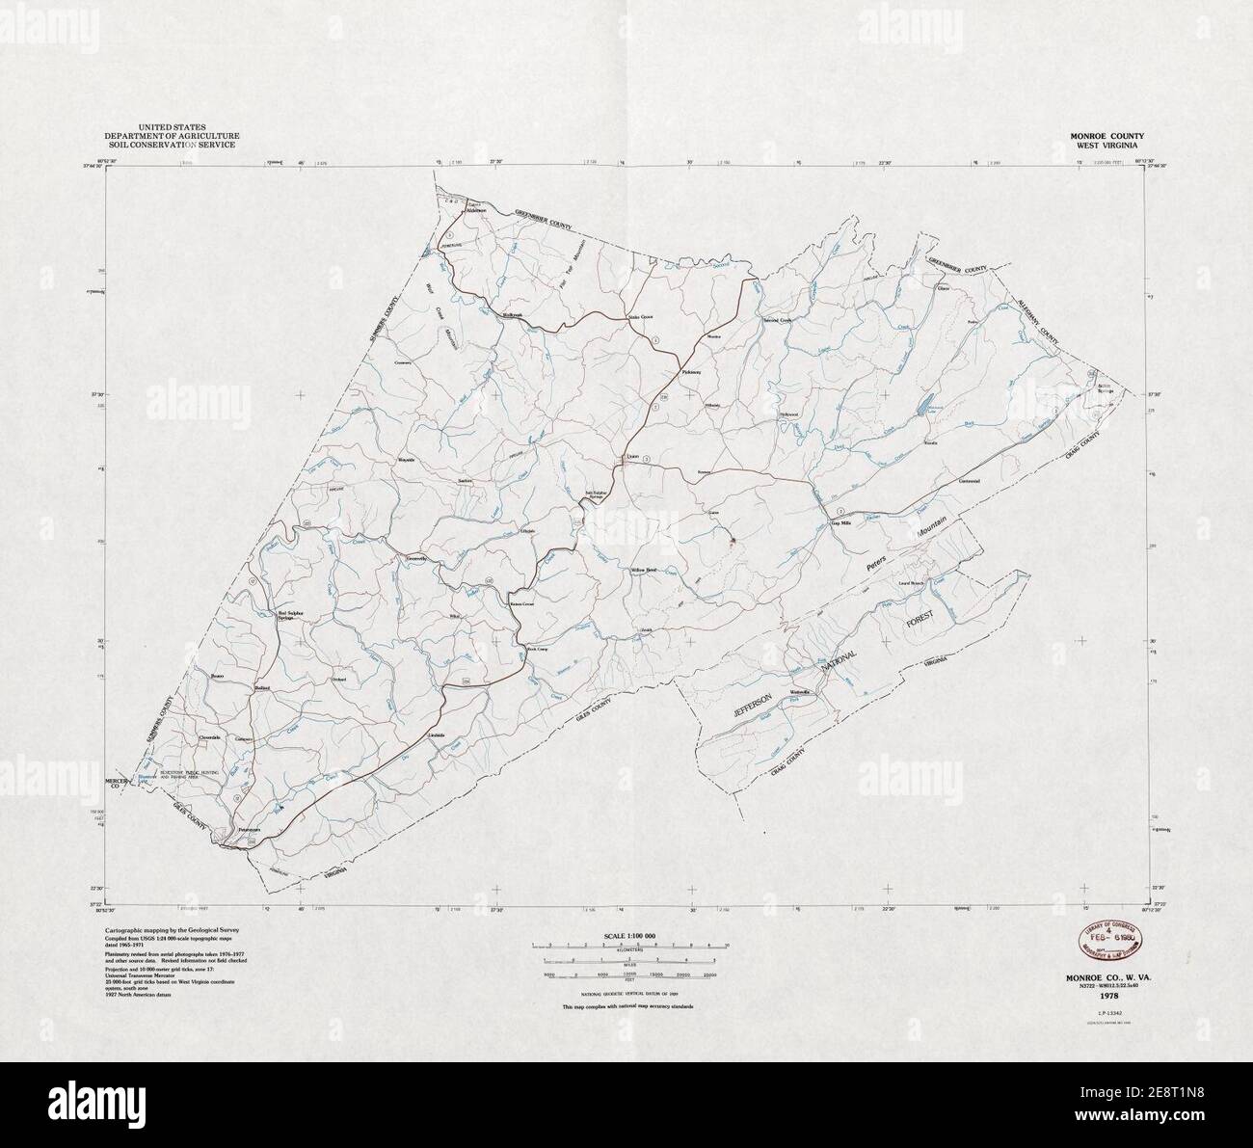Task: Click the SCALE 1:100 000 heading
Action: pos(627,936)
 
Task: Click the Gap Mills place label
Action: pos(842,522)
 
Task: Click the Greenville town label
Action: pos(416,558)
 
